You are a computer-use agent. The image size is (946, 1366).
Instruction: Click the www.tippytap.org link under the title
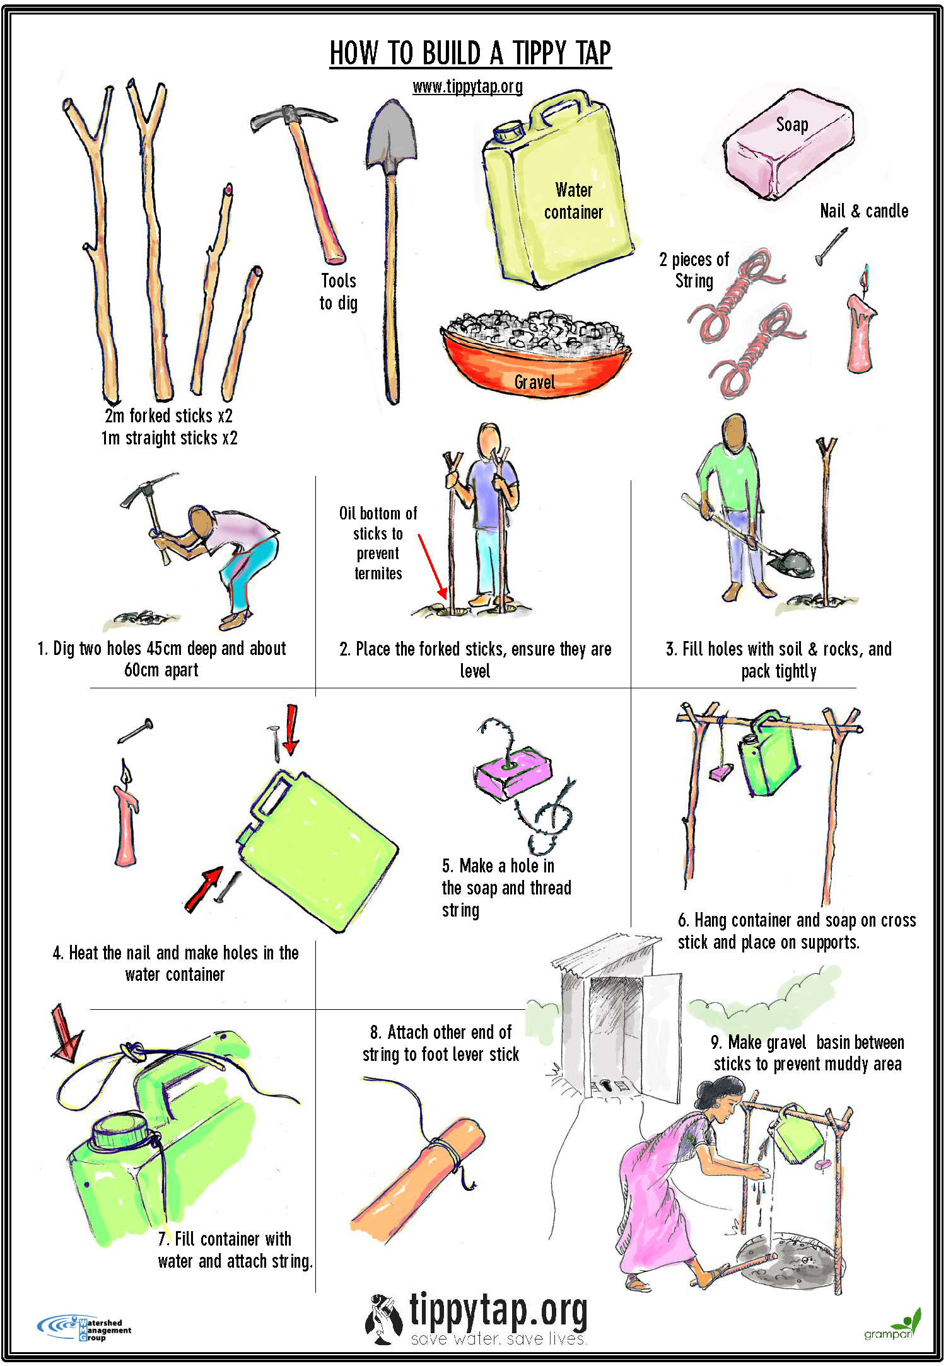pos(467,86)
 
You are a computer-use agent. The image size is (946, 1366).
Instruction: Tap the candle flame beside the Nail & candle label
pos(865,277)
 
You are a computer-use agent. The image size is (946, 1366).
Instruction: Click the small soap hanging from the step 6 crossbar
pos(721,773)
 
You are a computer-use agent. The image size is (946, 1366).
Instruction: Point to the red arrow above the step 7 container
pos(66,1034)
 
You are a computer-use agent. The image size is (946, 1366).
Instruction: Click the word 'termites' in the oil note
pos(378,574)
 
